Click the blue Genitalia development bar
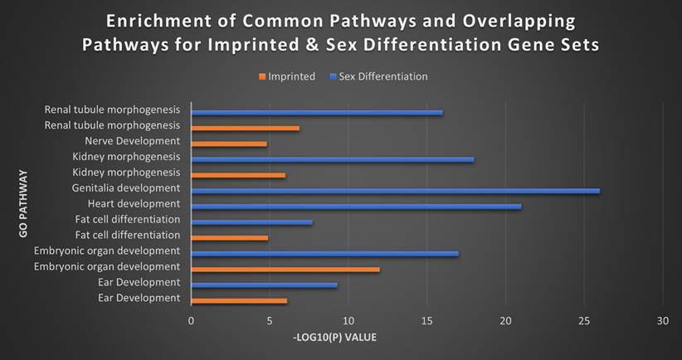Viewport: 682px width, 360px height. (x=395, y=191)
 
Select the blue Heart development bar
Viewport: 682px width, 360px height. (x=356, y=207)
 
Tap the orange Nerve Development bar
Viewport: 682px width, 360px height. (x=229, y=144)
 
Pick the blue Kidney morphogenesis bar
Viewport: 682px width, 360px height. (x=332, y=159)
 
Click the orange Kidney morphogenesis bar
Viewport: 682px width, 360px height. (x=238, y=175)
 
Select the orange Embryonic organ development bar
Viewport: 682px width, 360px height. (x=285, y=270)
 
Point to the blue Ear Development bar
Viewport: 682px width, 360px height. (x=264, y=285)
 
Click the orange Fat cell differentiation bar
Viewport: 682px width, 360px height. (x=230, y=238)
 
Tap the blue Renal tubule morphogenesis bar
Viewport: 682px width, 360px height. (x=317, y=112)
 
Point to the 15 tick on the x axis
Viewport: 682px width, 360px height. (x=426, y=320)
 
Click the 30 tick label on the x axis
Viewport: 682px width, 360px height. (x=662, y=320)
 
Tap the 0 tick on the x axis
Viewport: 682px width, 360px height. (x=192, y=320)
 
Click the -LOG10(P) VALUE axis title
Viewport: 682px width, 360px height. (x=335, y=338)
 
